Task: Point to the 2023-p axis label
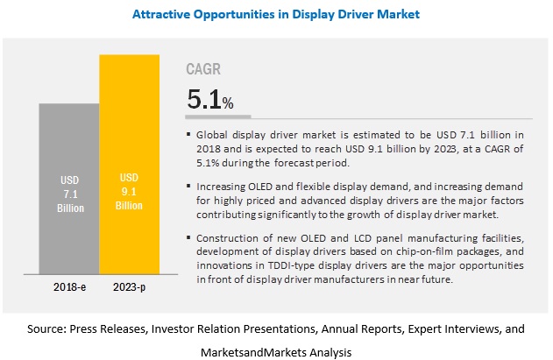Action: click(x=129, y=287)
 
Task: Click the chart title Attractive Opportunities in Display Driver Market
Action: click(x=275, y=13)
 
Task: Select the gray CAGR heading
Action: click(x=204, y=69)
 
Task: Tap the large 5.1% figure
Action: click(x=209, y=98)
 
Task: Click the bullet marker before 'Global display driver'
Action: click(x=190, y=134)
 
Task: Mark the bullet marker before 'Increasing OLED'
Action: click(x=190, y=187)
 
